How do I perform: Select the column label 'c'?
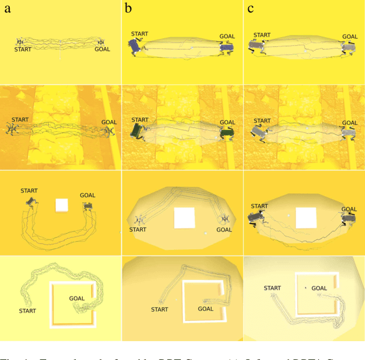point(249,9)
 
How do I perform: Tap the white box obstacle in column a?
point(62,205)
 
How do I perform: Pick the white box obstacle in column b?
point(184,218)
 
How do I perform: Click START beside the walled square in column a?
point(27,311)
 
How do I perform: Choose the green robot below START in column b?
point(138,133)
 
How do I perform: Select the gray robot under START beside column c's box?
point(258,217)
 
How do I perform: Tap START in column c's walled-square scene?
point(273,288)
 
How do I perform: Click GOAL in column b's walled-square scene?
point(205,309)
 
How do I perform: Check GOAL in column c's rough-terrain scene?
point(350,122)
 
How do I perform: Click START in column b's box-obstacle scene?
point(137,229)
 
